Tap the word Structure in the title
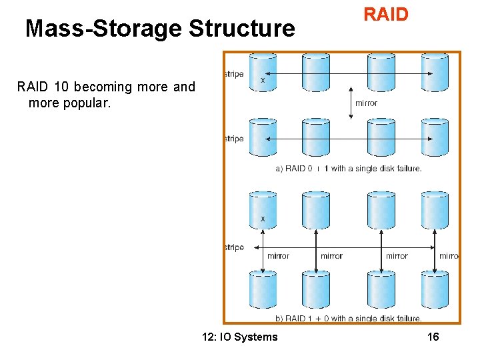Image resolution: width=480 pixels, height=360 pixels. coord(241,29)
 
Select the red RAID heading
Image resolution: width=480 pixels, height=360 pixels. coord(385,15)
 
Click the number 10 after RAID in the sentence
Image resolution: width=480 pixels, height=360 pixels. coord(61,87)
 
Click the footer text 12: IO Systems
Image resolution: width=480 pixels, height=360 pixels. coord(239,337)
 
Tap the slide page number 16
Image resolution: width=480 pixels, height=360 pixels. coord(433,337)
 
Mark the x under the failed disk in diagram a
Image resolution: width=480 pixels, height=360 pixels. coord(262,80)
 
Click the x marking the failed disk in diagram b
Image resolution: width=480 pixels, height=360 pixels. coord(263,219)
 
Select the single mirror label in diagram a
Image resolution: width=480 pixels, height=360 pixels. coord(366,103)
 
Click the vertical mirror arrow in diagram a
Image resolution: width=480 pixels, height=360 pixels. coord(352,103)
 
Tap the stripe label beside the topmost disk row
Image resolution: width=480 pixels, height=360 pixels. coord(235,74)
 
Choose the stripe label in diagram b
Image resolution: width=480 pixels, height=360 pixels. coord(235,247)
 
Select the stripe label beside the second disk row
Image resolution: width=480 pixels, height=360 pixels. coord(235,139)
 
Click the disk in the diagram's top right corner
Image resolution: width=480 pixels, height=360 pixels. coord(435,71)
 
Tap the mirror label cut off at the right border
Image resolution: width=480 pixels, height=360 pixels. coord(448,256)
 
